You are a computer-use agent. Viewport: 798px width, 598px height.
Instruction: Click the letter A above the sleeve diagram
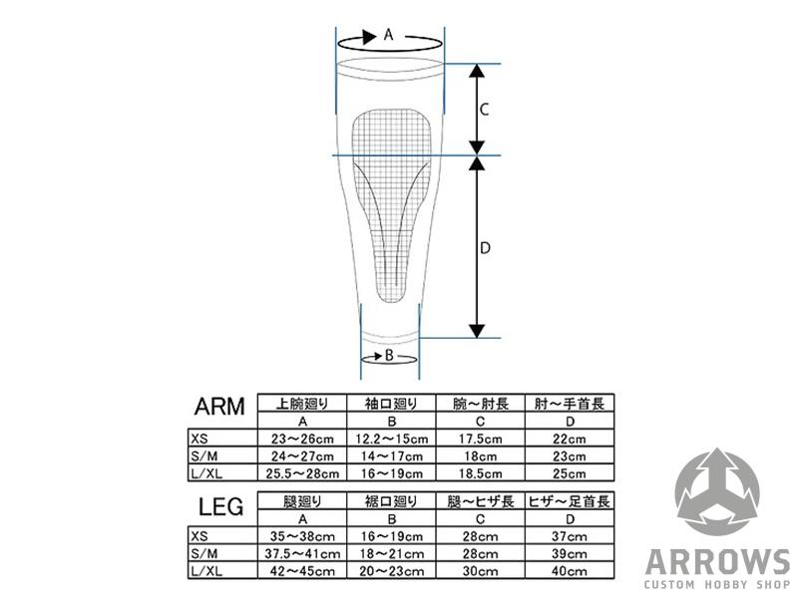pos(388,35)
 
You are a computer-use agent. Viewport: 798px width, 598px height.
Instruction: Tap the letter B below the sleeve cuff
pos(389,355)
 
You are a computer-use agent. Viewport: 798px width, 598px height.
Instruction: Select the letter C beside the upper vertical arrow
pos(485,110)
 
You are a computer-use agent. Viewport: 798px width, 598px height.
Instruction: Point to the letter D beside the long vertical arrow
pos(485,247)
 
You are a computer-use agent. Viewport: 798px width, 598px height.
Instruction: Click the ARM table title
pos(219,407)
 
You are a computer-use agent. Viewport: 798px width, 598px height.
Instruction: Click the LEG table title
pos(220,506)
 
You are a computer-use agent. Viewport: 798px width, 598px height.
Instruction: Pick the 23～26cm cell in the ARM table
pos(302,439)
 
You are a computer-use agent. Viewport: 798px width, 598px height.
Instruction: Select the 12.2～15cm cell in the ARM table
pos(391,439)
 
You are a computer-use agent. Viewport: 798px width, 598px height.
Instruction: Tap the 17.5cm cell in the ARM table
pos(481,439)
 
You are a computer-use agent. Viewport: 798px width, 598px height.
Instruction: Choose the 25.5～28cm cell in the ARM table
pos(302,473)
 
